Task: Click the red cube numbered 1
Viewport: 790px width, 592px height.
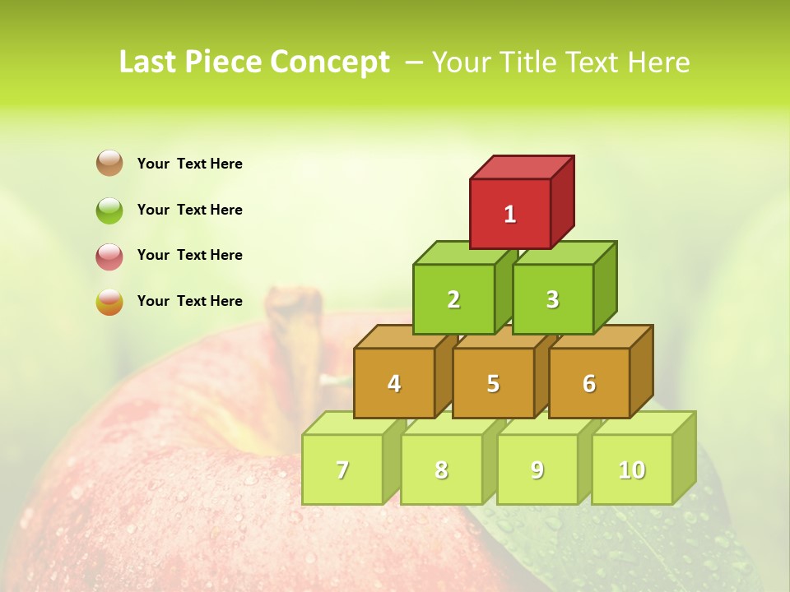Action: [510, 214]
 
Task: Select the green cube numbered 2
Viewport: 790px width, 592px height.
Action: [453, 299]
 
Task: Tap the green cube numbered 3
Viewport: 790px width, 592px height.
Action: [552, 299]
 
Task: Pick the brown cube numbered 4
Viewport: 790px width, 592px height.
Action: [394, 383]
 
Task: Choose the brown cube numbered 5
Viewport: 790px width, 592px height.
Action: [493, 383]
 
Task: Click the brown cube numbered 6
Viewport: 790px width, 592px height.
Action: [589, 383]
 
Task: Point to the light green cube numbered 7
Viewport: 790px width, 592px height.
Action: [342, 469]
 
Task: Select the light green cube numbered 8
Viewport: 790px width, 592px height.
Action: [441, 469]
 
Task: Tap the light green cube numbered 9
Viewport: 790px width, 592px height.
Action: [537, 469]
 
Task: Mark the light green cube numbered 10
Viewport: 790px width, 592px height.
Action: [632, 469]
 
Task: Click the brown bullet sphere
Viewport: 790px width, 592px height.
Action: [109, 163]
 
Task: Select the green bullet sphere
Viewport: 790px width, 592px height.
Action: [109, 210]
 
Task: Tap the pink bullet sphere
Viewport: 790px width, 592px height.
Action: [109, 256]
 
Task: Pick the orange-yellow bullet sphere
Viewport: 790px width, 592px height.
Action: [109, 302]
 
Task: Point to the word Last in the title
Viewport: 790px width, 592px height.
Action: [148, 62]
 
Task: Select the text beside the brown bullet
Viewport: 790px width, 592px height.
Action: [189, 164]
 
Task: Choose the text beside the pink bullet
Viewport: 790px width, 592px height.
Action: [189, 255]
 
